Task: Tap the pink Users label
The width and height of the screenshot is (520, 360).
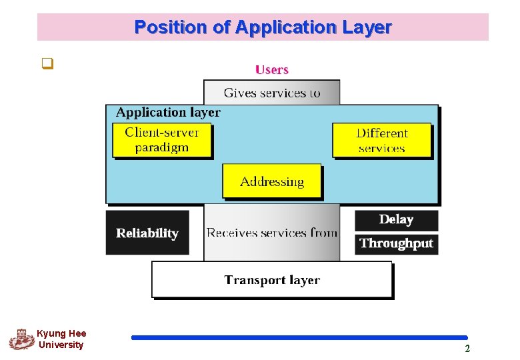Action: pos(272,69)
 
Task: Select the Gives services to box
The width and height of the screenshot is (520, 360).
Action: pos(272,93)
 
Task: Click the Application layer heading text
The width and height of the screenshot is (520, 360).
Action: pos(168,113)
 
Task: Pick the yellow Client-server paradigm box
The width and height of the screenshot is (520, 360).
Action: pos(162,140)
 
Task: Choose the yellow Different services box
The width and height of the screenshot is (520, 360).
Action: pos(382,140)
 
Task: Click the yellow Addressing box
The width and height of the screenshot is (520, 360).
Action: pos(272,181)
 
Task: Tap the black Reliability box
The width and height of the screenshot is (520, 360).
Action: pos(147,233)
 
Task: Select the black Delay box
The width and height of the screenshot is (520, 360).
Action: pos(396,219)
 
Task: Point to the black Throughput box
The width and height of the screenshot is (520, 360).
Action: pos(396,243)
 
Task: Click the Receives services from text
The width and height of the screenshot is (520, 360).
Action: pos(271,233)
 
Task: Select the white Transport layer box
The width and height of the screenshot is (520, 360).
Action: pos(272,279)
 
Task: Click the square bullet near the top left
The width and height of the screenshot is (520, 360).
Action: pos(47,65)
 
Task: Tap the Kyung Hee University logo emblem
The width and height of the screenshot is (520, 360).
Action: pos(22,339)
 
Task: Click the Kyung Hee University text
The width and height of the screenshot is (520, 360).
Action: pos(61,339)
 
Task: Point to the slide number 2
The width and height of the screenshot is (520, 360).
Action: pos(467,349)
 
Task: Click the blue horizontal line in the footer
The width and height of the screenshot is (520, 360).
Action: pos(299,337)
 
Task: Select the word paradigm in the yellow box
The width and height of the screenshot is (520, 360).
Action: pos(162,148)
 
